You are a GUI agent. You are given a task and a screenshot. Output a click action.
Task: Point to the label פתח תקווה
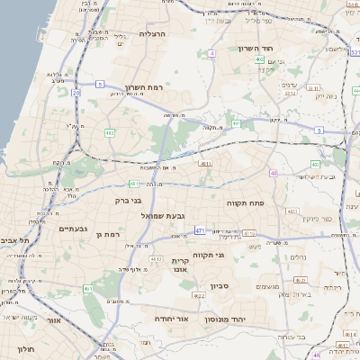coord(269,203)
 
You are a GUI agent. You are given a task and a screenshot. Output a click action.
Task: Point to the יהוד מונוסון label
coord(245,319)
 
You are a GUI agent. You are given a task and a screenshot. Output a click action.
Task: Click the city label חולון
coord(24,347)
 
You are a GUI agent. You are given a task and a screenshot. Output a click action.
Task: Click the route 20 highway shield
coord(77,92)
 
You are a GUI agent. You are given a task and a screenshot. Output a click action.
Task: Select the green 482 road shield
coord(109,132)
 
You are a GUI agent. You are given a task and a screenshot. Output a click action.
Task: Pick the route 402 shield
coord(258,60)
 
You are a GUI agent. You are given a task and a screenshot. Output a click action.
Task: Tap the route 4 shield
coord(211,53)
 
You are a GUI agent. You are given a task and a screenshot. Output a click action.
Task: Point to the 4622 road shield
coord(200,294)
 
